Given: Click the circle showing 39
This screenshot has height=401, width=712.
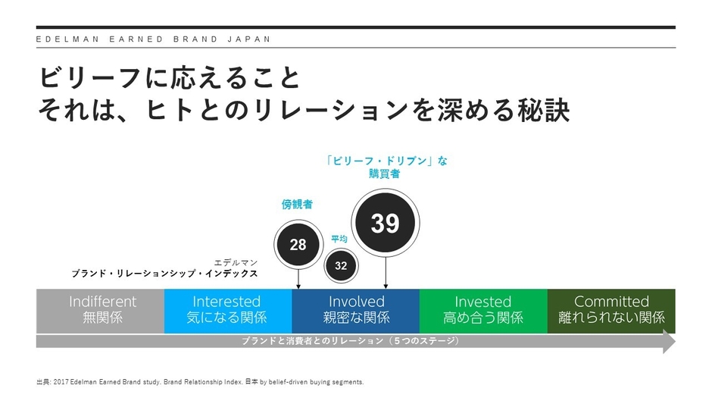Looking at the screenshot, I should click(x=385, y=223).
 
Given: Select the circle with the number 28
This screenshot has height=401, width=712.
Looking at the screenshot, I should click(x=298, y=244).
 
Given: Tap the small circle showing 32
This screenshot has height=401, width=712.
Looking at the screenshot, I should click(x=341, y=265).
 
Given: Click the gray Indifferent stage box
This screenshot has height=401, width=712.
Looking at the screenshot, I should click(x=101, y=310).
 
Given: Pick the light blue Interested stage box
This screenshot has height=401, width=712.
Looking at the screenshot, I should click(x=227, y=310).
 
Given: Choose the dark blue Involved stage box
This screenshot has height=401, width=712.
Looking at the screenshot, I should click(x=355, y=310).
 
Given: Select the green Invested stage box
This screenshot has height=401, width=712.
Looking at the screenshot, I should click(x=482, y=310).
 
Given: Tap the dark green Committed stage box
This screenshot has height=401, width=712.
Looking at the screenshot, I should click(x=611, y=310).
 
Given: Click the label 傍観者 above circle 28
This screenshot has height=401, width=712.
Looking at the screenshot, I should click(x=297, y=204).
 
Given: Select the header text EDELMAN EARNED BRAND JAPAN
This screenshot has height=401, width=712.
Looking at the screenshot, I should click(x=153, y=39).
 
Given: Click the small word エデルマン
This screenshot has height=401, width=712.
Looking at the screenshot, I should click(x=236, y=262).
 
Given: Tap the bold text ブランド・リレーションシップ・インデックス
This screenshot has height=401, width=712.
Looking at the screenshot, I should click(x=164, y=274).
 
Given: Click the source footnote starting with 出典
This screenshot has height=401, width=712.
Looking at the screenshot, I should click(x=200, y=381).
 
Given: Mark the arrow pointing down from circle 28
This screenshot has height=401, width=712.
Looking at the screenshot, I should click(x=298, y=277).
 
